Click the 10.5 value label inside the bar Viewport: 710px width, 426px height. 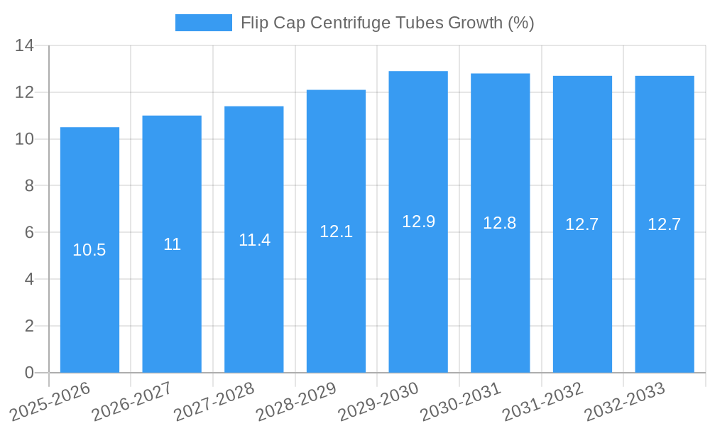[89, 250]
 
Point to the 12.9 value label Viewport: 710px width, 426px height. [418, 222]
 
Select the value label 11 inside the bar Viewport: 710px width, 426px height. [172, 244]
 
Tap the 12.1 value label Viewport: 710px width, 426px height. [336, 231]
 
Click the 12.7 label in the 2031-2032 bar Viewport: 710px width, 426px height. [582, 224]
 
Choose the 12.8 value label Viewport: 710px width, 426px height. [500, 223]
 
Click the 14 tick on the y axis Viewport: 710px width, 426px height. [25, 46]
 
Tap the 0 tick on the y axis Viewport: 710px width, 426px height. [29, 373]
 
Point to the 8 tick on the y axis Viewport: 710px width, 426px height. [29, 186]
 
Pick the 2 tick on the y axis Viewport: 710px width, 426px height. [29, 326]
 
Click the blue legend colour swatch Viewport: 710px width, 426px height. [203, 23]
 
